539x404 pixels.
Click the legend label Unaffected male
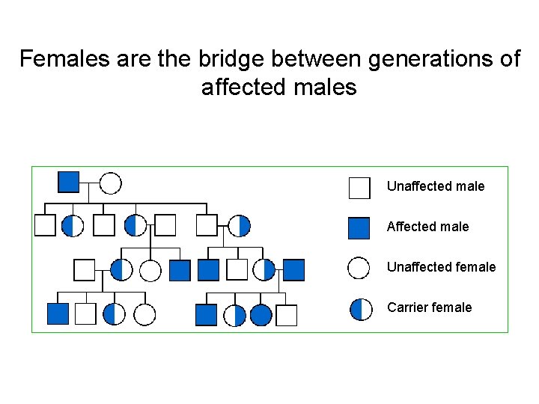(x=436, y=186)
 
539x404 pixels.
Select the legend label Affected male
(x=427, y=227)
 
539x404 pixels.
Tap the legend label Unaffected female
(x=441, y=267)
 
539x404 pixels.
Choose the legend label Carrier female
(x=429, y=307)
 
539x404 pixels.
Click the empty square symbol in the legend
(x=359, y=187)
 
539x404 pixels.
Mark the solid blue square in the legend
(x=359, y=227)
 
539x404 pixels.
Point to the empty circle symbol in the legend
(x=360, y=268)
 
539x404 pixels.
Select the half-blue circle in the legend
(x=361, y=308)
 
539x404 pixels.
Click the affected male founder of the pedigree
(x=69, y=182)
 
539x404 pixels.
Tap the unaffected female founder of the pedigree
(x=110, y=183)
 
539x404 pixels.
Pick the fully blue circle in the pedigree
(x=261, y=315)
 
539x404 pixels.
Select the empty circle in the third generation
(x=150, y=269)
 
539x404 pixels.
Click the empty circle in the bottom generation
(x=144, y=315)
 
